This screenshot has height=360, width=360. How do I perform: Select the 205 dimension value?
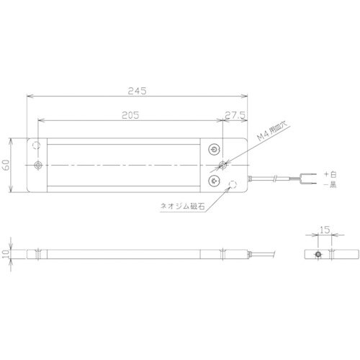[x=130, y=114]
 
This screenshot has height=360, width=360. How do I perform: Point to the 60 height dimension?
[x=7, y=166]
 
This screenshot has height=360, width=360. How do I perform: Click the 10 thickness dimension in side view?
[x=6, y=256]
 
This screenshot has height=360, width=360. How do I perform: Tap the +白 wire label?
[x=329, y=174]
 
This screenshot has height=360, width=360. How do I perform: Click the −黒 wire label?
[x=329, y=185]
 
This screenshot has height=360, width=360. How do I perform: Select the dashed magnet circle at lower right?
[x=233, y=186]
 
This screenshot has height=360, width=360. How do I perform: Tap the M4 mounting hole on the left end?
[x=37, y=166]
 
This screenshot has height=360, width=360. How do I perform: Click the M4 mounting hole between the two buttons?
[x=222, y=166]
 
